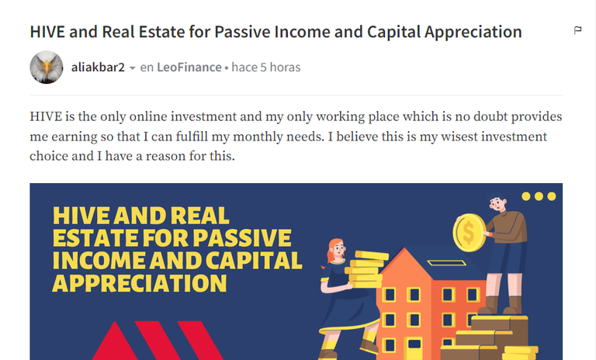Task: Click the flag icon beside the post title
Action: coord(577,30)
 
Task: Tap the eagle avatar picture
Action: coord(47,67)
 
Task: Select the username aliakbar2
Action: coord(98,67)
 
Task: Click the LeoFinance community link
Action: coord(189,67)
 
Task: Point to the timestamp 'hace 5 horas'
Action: coord(266,67)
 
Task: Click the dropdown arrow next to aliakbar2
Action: coord(132,68)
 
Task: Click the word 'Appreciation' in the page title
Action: coord(473,32)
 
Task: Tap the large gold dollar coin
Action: coord(469,232)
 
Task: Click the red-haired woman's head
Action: coord(335,251)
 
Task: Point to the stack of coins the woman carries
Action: coord(366,269)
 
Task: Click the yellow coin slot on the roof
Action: coord(447,263)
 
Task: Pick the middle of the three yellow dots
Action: coord(539,196)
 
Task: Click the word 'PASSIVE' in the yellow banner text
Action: coord(242,238)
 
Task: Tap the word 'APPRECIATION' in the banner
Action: coord(140,283)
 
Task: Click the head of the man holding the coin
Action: coord(497,203)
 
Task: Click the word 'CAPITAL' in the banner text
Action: coord(254,261)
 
